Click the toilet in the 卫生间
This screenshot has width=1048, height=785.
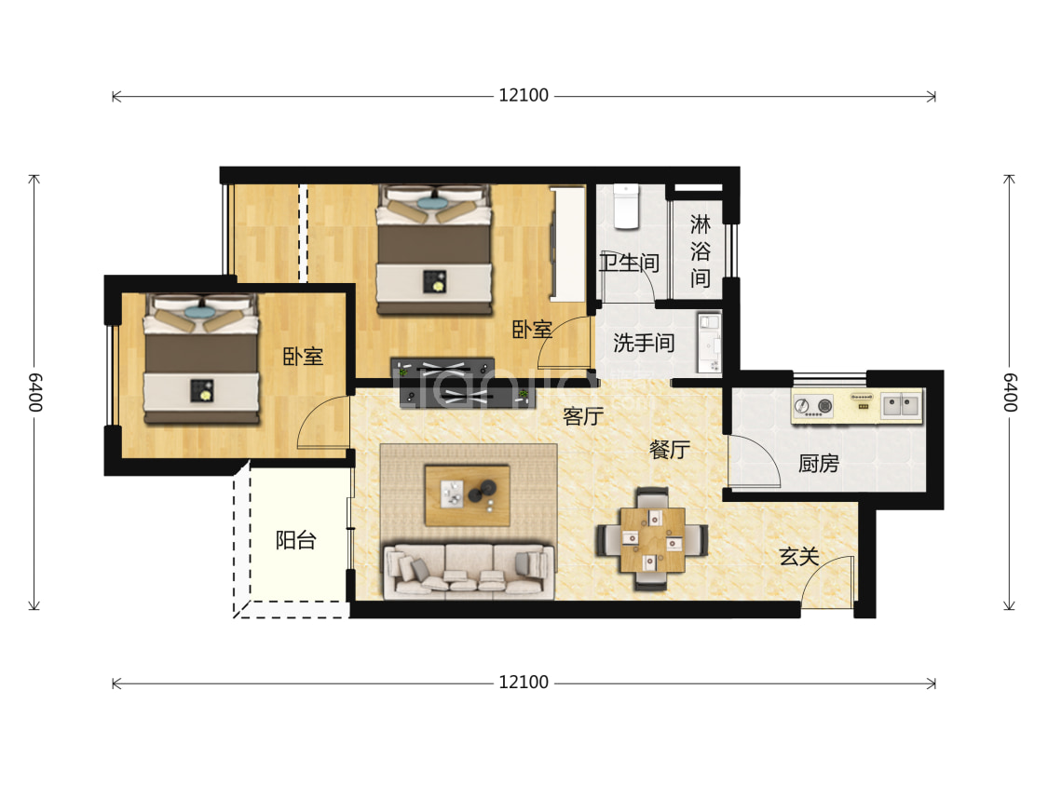pyautogui.click(x=626, y=207)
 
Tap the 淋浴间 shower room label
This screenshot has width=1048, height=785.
pyautogui.click(x=700, y=250)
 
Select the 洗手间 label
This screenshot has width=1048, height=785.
pyautogui.click(x=644, y=343)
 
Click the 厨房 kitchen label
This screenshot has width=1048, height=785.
pyautogui.click(x=818, y=462)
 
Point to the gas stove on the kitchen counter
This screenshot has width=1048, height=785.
pyautogui.click(x=813, y=405)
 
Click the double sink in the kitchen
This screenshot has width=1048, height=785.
pyautogui.click(x=900, y=404)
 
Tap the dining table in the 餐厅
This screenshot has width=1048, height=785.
pyautogui.click(x=652, y=540)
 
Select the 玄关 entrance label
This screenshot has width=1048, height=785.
pyautogui.click(x=798, y=556)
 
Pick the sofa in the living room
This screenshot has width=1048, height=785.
pyautogui.click(x=469, y=571)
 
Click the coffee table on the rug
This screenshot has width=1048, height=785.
pyautogui.click(x=468, y=495)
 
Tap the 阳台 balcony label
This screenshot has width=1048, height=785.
pyautogui.click(x=295, y=540)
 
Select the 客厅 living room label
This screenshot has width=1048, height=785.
pyautogui.click(x=583, y=416)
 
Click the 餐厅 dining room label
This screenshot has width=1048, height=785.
pyautogui.click(x=669, y=449)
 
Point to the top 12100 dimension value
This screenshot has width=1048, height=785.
pyautogui.click(x=524, y=96)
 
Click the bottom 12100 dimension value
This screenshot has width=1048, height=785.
pyautogui.click(x=524, y=683)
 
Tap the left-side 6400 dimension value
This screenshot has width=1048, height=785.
pyautogui.click(x=34, y=392)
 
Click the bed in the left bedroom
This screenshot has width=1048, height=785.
pyautogui.click(x=201, y=359)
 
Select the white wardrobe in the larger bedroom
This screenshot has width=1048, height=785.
pyautogui.click(x=568, y=244)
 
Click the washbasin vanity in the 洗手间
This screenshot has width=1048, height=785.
pyautogui.click(x=709, y=342)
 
